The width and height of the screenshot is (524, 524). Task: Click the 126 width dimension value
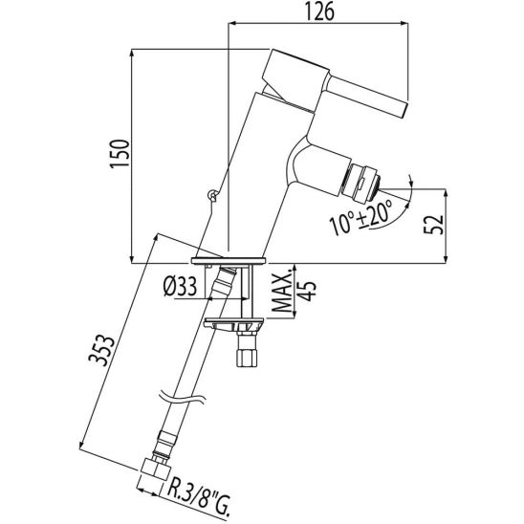pyautogui.click(x=319, y=12)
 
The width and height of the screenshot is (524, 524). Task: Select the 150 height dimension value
pyautogui.click(x=120, y=154)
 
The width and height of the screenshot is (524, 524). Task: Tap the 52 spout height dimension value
pyautogui.click(x=433, y=225)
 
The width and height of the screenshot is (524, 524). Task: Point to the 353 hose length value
pyautogui.click(x=101, y=351)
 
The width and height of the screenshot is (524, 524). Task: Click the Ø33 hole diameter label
pyautogui.click(x=180, y=288)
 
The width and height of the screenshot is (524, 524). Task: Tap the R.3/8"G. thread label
pyautogui.click(x=198, y=495)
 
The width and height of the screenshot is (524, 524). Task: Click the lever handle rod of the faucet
pyautogui.click(x=367, y=96)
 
